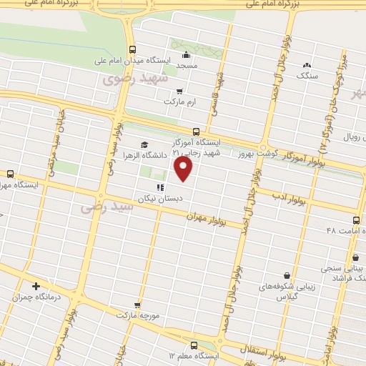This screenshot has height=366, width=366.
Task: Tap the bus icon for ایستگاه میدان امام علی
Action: (132, 49)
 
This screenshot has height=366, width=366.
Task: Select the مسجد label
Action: (187, 65)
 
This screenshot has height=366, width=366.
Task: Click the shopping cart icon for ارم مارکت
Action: (179, 91)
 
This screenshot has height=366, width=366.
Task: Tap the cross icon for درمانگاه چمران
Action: (36, 287)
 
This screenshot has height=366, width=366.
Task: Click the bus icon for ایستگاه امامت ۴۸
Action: (357, 219)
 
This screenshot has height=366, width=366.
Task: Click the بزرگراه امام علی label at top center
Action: (214, 4)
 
